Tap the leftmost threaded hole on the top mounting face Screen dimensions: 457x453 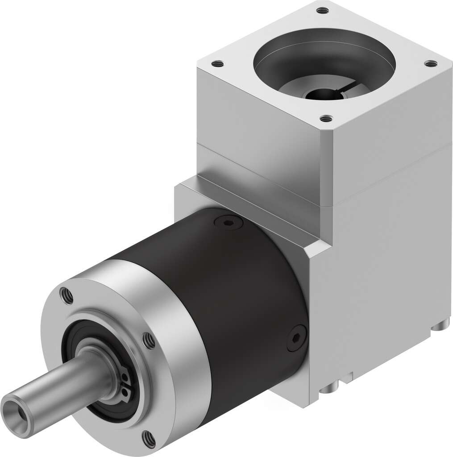tap(217, 64)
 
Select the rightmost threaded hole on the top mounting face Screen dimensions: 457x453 tap(430, 64)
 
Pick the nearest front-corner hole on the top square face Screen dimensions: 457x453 tap(327, 118)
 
